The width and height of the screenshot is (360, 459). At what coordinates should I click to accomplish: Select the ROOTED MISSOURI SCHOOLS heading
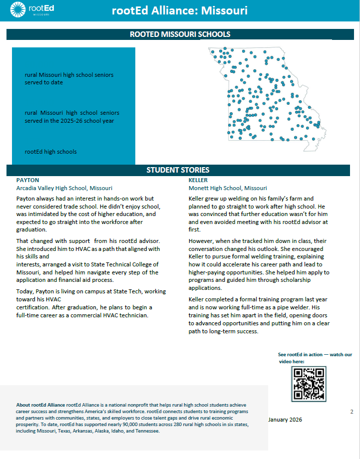(180, 34)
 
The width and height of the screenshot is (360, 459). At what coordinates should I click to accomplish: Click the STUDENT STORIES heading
(178, 170)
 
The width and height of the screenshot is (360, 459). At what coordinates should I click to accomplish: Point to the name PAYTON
(27, 180)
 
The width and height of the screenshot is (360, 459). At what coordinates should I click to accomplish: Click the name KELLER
(198, 180)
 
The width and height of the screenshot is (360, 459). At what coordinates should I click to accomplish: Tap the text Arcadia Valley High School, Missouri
(65, 188)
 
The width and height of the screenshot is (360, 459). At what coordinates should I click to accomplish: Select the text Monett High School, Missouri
(228, 188)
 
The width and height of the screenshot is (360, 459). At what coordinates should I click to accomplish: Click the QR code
(309, 383)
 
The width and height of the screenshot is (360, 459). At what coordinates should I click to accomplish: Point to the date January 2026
(285, 420)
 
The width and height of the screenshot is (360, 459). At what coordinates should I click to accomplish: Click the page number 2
(352, 412)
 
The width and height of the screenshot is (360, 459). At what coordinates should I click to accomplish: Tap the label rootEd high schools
(50, 151)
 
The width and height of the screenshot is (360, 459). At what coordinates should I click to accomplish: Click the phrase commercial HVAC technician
(118, 315)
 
